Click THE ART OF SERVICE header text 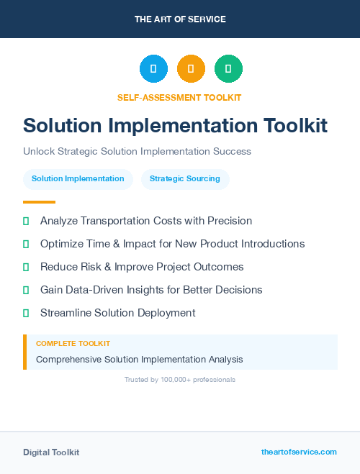click(x=179, y=19)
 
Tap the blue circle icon click(x=153, y=69)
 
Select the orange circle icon click(x=191, y=69)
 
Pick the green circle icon click(x=228, y=69)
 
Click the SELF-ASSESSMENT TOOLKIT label click(x=179, y=97)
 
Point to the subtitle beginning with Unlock click(x=137, y=152)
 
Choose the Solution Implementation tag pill click(x=78, y=179)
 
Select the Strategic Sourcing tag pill click(x=185, y=179)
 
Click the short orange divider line click(x=39, y=202)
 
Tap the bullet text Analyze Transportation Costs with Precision click(x=146, y=221)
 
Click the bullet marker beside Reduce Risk click(x=26, y=267)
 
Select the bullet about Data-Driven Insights click(x=151, y=290)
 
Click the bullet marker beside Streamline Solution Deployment click(x=26, y=313)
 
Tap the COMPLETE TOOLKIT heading click(x=73, y=344)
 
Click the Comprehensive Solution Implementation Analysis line click(x=140, y=359)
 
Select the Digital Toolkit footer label click(x=51, y=452)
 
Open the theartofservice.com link click(x=299, y=452)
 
